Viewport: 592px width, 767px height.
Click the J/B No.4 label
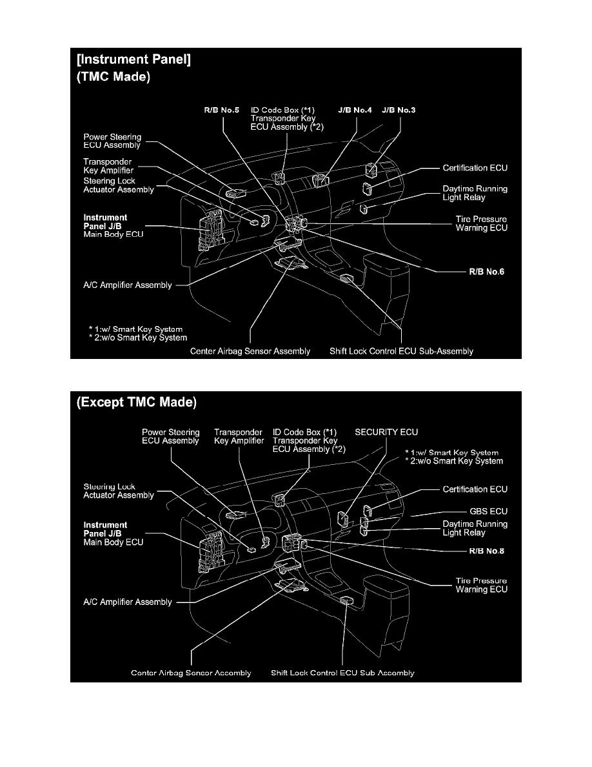click(x=355, y=110)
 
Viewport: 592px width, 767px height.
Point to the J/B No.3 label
click(x=399, y=110)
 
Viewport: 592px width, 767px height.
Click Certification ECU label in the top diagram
click(x=475, y=169)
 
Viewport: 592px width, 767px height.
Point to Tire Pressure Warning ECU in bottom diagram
click(x=481, y=585)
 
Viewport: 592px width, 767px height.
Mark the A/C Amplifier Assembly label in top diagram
click(x=128, y=285)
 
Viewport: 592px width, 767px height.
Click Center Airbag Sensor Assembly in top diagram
click(x=250, y=351)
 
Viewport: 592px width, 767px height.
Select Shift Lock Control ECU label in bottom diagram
click(x=342, y=673)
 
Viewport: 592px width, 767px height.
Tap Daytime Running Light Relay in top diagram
click(x=475, y=194)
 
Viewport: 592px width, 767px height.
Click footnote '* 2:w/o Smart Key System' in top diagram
click(x=139, y=338)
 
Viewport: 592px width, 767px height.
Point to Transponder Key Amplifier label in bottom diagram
click(x=239, y=436)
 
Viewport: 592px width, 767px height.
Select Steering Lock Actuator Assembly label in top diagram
click(x=119, y=185)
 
